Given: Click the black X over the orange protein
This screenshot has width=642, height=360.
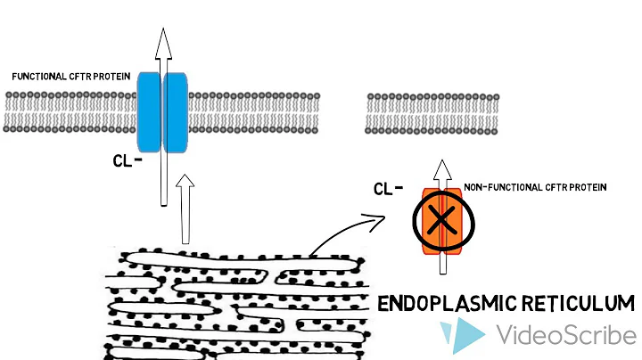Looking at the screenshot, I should [x=444, y=219].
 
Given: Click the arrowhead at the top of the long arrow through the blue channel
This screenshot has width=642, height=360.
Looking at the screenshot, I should [x=162, y=40].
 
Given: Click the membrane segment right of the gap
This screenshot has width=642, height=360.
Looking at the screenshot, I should [x=433, y=112].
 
